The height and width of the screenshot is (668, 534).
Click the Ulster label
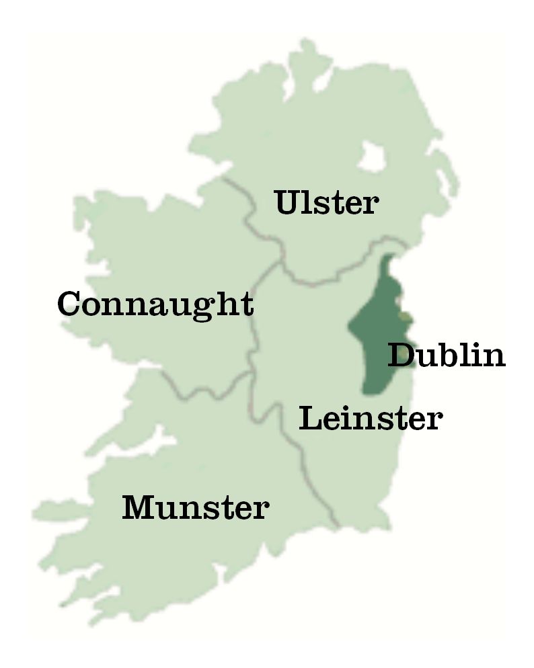327,202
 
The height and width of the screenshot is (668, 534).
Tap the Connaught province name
155,304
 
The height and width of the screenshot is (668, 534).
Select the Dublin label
447,355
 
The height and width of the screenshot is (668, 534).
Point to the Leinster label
371,418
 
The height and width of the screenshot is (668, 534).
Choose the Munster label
195,507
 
